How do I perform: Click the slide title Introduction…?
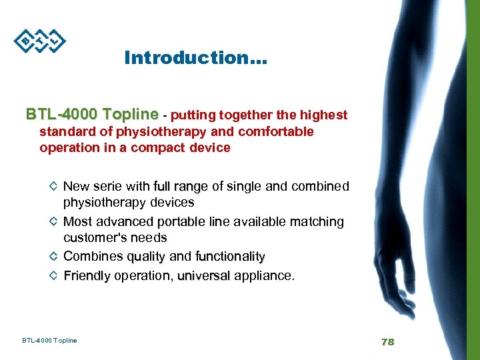pyautogui.click(x=195, y=58)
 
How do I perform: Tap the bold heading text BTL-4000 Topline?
pyautogui.click(x=92, y=115)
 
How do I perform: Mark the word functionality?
pyautogui.click(x=230, y=256)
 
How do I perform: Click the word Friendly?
pyautogui.click(x=87, y=275)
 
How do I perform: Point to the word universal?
pyautogui.click(x=203, y=275)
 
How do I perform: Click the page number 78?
pyautogui.click(x=388, y=341)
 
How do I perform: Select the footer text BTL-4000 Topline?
pyautogui.click(x=49, y=341)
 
